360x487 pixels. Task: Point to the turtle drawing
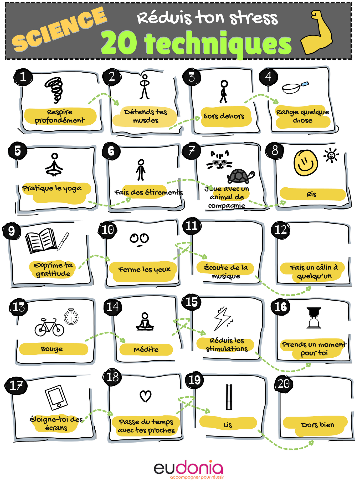241,176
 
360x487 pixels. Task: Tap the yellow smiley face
306,163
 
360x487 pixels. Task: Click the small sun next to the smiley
331,155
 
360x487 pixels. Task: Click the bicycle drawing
49,327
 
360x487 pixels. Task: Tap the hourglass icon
314,318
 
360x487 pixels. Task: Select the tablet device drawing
56,398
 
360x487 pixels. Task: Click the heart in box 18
146,396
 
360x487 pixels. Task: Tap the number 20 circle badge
284,384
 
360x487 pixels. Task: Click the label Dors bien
318,425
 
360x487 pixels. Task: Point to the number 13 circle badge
18,307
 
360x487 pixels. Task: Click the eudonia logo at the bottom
188,469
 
